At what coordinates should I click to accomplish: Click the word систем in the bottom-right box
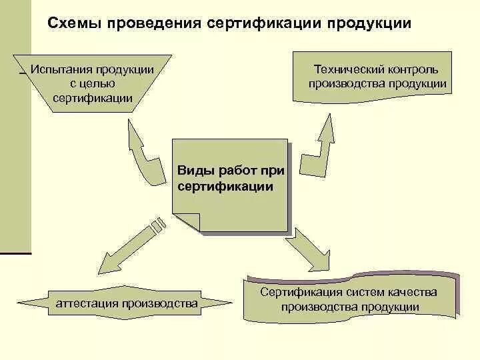click(369, 293)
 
